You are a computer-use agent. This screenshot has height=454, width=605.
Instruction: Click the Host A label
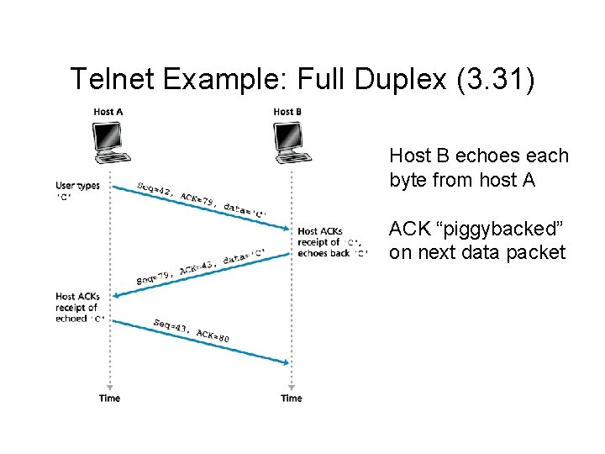(x=108, y=112)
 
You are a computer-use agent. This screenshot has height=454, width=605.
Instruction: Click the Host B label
(x=288, y=112)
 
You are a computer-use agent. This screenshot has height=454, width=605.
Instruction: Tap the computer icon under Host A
(x=109, y=142)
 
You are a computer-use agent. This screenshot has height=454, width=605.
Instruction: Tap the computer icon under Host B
(x=290, y=142)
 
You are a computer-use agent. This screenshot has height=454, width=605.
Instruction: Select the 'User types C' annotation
(x=77, y=191)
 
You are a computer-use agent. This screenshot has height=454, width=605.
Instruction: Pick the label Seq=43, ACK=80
(x=192, y=330)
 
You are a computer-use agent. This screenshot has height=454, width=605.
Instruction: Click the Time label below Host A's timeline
(x=109, y=398)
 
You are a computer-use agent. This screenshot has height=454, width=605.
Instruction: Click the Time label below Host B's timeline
(x=291, y=398)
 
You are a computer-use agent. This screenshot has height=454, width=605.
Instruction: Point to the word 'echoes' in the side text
(x=485, y=156)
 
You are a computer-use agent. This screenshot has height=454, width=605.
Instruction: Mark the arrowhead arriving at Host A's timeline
(x=114, y=294)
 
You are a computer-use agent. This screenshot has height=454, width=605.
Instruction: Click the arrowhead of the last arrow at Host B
(x=287, y=362)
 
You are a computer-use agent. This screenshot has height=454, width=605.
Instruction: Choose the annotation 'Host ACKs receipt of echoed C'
(x=78, y=308)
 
